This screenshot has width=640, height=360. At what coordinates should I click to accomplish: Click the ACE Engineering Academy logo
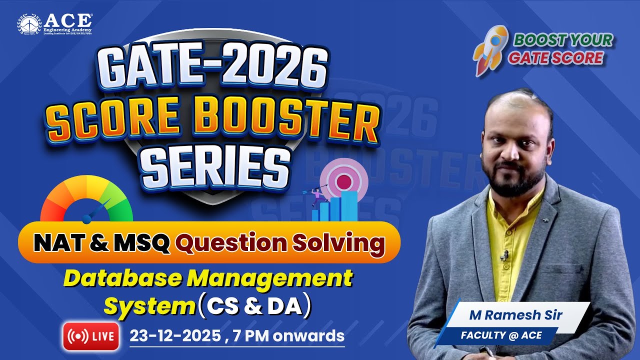point(55,24)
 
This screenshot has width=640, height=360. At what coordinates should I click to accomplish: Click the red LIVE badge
point(91,336)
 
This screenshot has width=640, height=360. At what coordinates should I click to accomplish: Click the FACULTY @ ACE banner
point(500,335)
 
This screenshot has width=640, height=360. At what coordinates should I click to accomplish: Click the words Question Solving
point(280,243)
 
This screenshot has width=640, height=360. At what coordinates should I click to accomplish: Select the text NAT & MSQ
point(102,243)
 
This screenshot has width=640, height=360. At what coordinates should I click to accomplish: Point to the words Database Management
point(208,279)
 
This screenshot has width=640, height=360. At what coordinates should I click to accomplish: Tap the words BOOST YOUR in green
point(562,40)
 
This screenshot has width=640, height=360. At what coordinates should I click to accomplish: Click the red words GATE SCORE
point(555,58)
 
